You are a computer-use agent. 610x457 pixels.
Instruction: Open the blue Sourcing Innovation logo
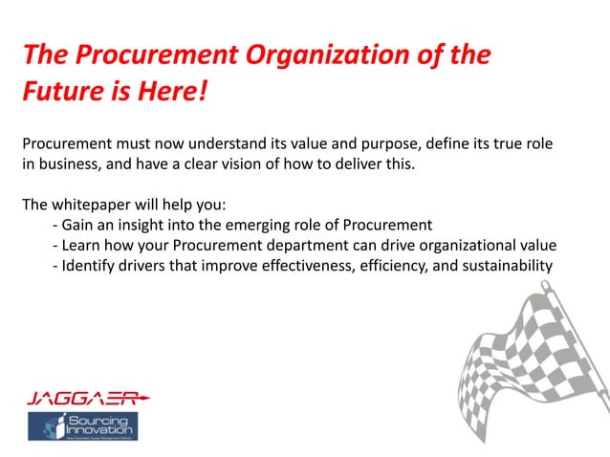[82, 426]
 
